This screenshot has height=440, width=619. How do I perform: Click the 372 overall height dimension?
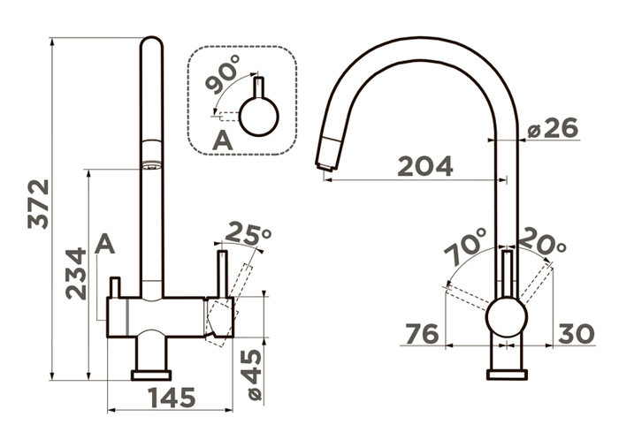pos(38,204)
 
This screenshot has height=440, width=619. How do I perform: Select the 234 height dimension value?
pos(76,273)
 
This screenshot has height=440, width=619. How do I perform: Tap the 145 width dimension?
pos(172,398)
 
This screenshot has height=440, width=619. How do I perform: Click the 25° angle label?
pos(248,232)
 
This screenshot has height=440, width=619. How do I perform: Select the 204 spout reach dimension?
pos(425,166)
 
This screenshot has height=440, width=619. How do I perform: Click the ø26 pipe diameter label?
pos(553,127)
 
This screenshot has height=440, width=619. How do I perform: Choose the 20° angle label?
pos(541,241)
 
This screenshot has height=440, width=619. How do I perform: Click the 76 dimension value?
pos(423,334)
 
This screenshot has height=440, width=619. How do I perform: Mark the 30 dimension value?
pos(577,334)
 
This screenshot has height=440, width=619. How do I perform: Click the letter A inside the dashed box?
pos(223,140)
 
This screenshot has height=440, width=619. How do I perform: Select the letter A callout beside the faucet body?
pos(104,244)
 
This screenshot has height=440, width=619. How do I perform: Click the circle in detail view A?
pos(259,118)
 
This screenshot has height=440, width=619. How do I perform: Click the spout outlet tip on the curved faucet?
pos(325,167)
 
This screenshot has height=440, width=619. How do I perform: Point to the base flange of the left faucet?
pos(151,376)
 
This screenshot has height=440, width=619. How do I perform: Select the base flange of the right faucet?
pos(507,375)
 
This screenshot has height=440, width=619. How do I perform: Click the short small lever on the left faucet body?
pos(115,287)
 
